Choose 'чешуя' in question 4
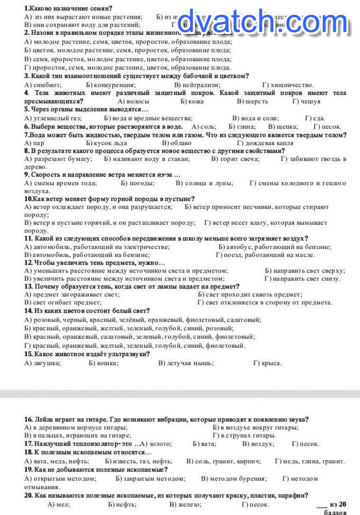pos(311,101)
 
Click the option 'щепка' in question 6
pos(288,127)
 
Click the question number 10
pos(28,199)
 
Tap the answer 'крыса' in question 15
pos(272,363)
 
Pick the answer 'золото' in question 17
pos(162,444)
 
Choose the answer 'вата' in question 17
pos(209,444)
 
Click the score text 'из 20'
pos(338,504)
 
